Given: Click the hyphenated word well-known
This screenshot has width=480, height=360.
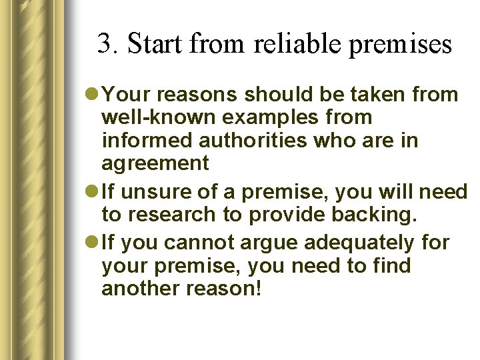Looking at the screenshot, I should [x=159, y=118].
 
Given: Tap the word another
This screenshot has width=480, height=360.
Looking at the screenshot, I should [x=141, y=289].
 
